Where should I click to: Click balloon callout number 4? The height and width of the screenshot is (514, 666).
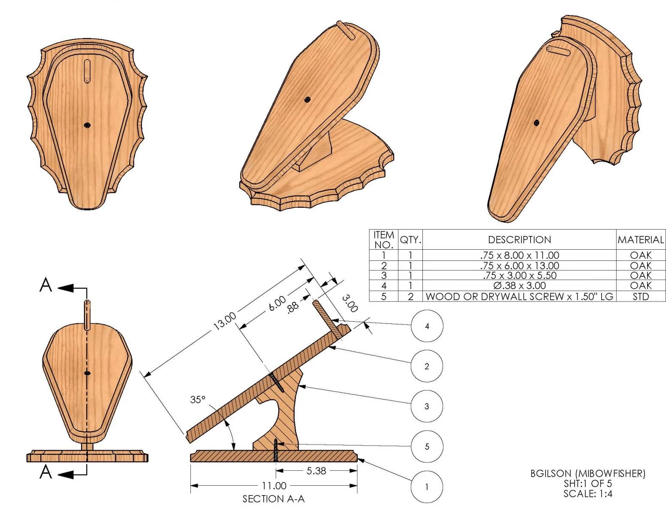[427, 326]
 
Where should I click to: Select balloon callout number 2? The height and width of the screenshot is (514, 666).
[427, 366]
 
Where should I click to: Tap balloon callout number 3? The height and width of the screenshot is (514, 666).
[427, 406]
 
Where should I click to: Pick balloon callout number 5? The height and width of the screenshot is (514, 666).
[427, 447]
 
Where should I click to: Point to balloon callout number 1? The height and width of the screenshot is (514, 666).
[427, 487]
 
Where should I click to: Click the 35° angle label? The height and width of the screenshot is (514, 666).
[198, 400]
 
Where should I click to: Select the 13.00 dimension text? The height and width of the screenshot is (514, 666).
[225, 321]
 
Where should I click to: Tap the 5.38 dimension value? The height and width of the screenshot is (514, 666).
[316, 471]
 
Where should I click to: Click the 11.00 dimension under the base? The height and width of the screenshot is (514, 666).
[274, 486]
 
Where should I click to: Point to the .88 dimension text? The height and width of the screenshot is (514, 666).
[293, 308]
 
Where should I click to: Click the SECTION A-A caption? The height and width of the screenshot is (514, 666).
[273, 499]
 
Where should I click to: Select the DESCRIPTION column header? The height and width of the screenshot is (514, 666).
[519, 240]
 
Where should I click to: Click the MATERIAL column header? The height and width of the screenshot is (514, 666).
[641, 240]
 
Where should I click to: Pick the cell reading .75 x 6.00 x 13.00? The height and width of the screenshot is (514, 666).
[519, 266]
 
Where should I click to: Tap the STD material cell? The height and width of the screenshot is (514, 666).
[641, 296]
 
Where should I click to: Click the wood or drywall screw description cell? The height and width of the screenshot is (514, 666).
[519, 296]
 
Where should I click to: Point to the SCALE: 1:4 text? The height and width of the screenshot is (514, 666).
[588, 493]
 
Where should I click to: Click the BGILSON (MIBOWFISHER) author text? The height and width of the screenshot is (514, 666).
[588, 474]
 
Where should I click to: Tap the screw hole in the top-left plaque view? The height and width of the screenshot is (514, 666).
[87, 125]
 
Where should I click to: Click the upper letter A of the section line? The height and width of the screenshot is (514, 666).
[45, 285]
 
